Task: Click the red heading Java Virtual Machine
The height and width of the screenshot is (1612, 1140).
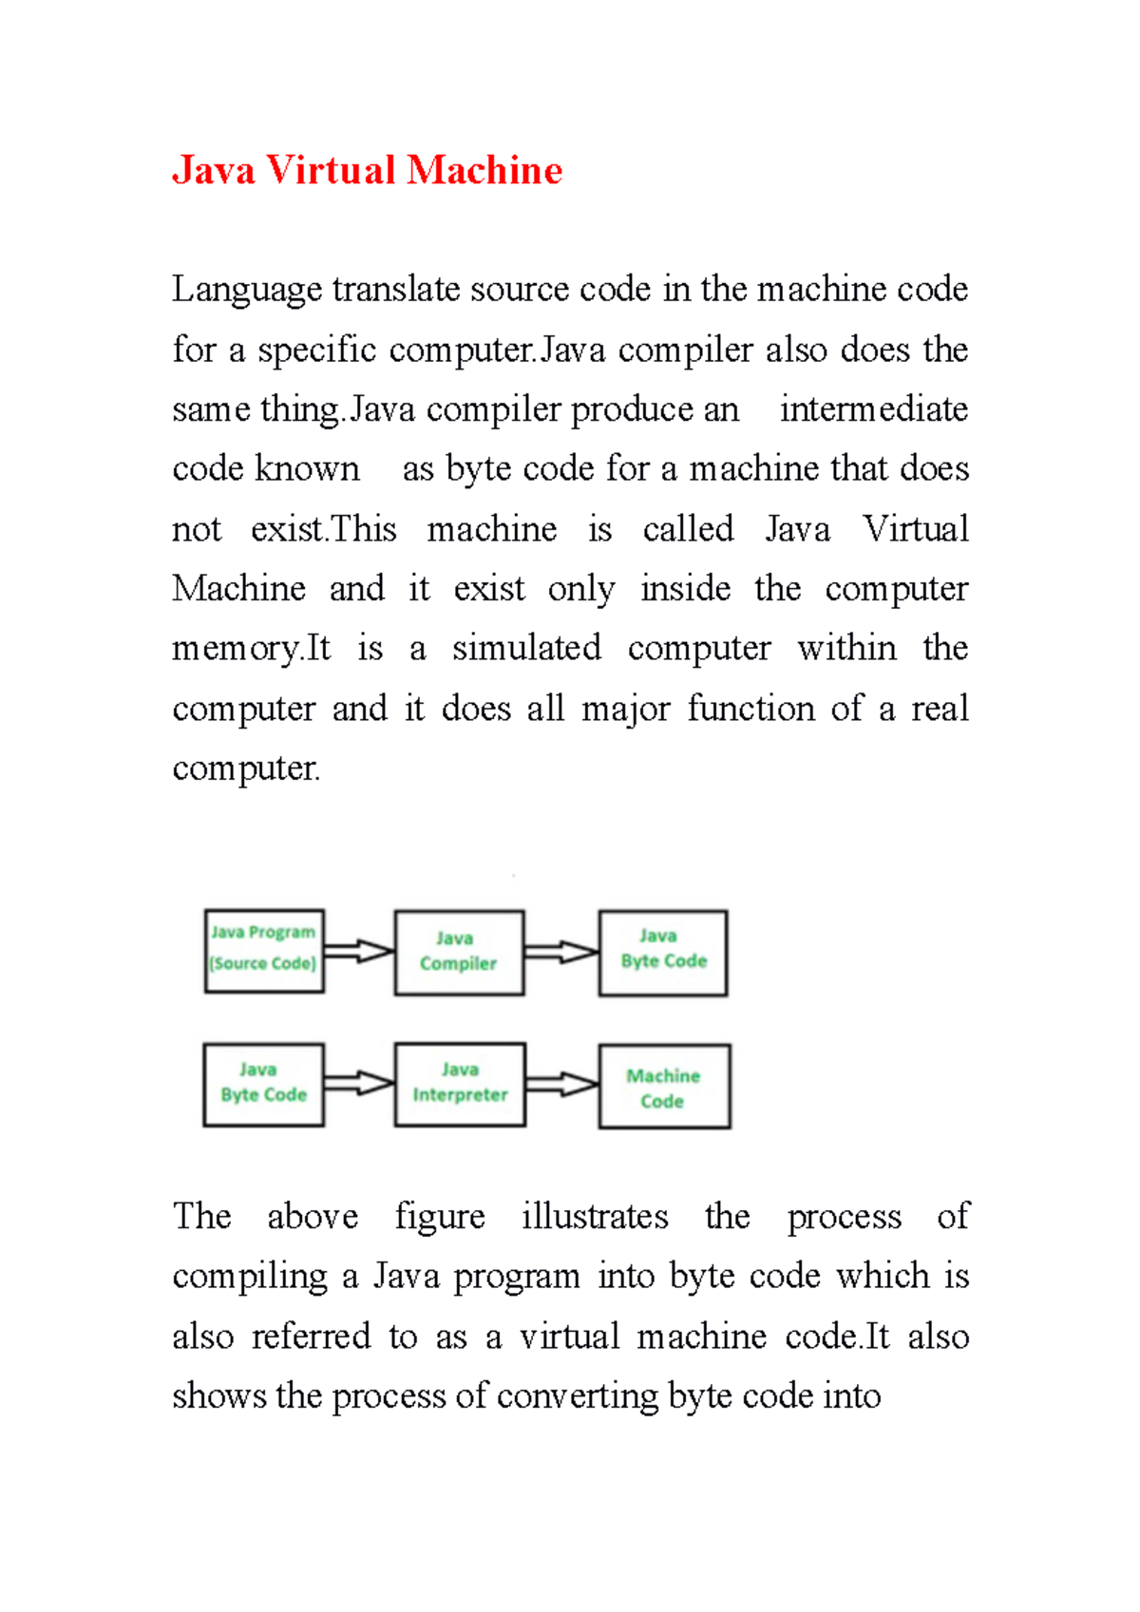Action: (367, 171)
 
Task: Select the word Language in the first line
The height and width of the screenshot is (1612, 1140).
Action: (247, 290)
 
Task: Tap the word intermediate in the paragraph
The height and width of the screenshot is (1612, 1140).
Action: (873, 409)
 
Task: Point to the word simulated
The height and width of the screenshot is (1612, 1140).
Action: (526, 648)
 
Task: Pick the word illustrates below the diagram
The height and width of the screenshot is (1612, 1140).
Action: (595, 1216)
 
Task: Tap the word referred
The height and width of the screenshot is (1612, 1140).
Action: (310, 1337)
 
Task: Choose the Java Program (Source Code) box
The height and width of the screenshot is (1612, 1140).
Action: (264, 951)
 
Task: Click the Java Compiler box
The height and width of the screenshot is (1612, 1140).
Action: (459, 952)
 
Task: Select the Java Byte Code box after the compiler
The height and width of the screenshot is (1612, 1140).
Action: (663, 952)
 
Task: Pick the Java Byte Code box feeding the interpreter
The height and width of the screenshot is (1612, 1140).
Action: (264, 1084)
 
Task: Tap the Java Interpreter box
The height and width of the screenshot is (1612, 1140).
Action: (460, 1084)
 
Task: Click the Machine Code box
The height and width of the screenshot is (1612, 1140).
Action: (664, 1087)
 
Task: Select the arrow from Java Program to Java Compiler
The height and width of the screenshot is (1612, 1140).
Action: (359, 950)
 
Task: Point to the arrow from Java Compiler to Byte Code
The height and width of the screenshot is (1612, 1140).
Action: (560, 952)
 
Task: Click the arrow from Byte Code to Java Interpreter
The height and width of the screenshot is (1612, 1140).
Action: (359, 1083)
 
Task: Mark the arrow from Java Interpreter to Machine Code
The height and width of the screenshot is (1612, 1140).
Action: (561, 1084)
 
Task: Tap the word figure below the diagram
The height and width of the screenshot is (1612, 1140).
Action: (440, 1218)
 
